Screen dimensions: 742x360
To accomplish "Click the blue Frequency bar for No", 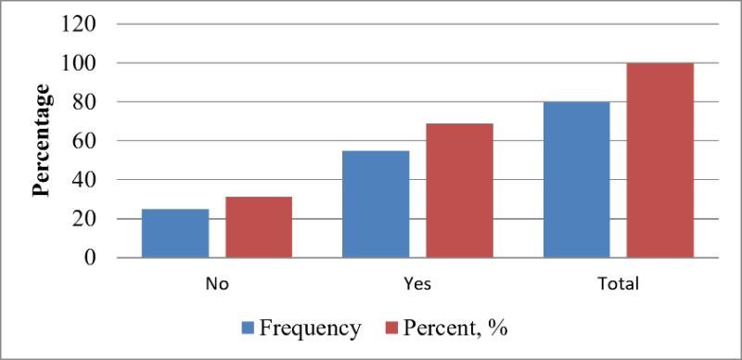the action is point(175,233).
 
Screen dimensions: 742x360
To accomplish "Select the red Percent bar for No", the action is point(259,227).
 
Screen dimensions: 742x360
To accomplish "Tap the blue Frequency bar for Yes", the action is point(376,204).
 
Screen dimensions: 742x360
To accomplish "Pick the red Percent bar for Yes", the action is point(459,190).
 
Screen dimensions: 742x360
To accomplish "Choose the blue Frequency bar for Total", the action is point(576,179).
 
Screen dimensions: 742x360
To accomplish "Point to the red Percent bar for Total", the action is point(660,161).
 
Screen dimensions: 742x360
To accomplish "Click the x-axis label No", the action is point(217,284).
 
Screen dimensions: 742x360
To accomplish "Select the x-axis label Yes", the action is point(418,284).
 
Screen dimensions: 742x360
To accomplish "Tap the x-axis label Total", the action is point(619,284).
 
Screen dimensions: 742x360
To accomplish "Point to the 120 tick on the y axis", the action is point(79,24).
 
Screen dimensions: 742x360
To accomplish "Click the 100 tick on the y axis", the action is point(79,63).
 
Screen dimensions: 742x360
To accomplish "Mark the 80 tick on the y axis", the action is point(84,102).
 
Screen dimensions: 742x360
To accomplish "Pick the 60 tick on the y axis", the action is point(84,141).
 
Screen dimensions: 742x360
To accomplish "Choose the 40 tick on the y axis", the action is point(84,179).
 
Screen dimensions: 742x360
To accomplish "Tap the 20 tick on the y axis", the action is point(84,219).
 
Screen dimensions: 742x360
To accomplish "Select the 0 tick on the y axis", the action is point(90,258).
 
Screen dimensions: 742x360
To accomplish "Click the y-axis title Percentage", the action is point(41,140).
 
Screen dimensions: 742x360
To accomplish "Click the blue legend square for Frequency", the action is point(249,328).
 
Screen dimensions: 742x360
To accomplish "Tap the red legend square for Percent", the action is point(392,328).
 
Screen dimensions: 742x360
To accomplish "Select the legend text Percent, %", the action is point(455,328).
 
